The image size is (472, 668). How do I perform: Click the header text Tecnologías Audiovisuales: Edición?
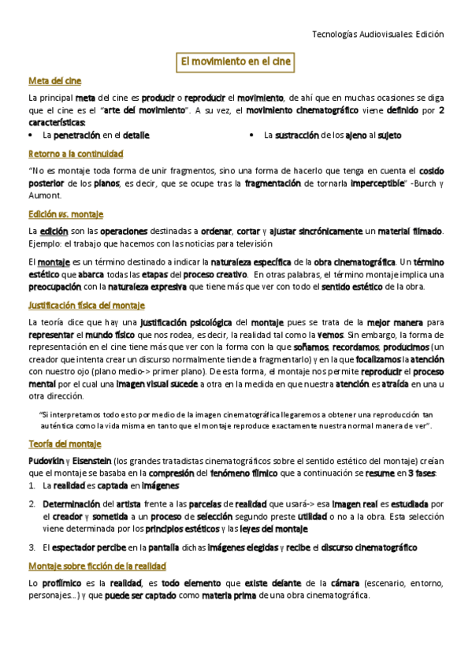click(x=378, y=34)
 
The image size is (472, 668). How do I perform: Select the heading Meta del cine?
click(x=54, y=80)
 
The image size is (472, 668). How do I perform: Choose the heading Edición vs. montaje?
click(x=65, y=213)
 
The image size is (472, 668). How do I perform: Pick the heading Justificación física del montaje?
click(x=86, y=305)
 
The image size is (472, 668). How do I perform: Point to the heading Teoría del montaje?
click(x=64, y=443)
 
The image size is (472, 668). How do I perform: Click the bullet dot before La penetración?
click(x=31, y=136)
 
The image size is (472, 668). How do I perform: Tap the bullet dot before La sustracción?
click(x=251, y=136)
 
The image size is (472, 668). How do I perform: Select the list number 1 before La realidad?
click(x=31, y=486)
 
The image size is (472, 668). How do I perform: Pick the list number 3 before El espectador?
click(x=31, y=547)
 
